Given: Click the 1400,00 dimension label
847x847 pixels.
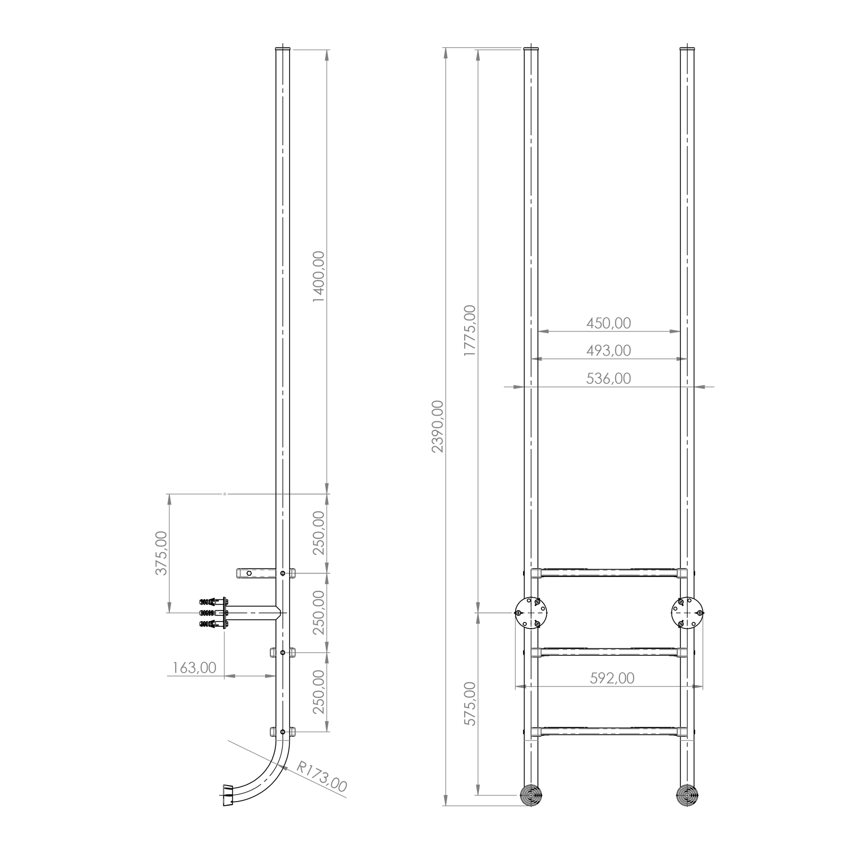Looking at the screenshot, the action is coord(319,276).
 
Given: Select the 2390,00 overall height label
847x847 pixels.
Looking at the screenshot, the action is coord(438,426).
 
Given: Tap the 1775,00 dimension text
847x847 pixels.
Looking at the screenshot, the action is coord(470,330).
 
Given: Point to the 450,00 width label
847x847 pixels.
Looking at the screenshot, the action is coord(609,323).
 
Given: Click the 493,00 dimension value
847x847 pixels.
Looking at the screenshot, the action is coord(609,350).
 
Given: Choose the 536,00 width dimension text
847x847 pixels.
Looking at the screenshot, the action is coord(609,379).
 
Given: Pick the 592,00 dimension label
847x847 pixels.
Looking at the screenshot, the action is coord(612,678).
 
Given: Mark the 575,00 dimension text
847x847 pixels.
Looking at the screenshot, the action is coord(470,704).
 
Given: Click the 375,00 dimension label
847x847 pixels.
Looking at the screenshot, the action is coord(161,553).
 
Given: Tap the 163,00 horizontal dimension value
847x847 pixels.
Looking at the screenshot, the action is coord(194,668).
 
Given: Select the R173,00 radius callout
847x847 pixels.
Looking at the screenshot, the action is coord(322,777).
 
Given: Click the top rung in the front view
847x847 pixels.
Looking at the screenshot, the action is coord(609,573).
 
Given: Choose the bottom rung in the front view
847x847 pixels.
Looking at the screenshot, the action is coord(609,732).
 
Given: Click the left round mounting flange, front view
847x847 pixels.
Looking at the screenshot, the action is coord(531,613).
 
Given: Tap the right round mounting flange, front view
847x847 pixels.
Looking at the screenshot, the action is coord(687,613).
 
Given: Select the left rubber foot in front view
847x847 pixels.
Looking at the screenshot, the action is coord(531,795).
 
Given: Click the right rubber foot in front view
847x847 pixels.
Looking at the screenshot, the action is coord(687,795).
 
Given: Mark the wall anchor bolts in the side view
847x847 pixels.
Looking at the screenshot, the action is coord(213,613).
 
